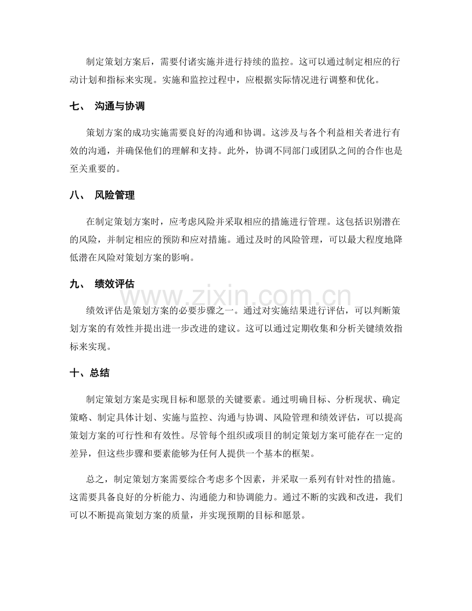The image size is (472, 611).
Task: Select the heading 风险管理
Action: (x=114, y=195)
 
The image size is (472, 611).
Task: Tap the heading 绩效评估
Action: (x=114, y=283)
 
